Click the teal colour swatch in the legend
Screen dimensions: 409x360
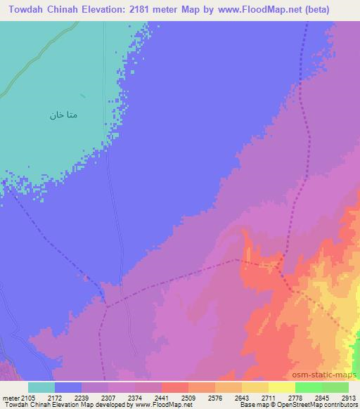[x=41, y=388]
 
